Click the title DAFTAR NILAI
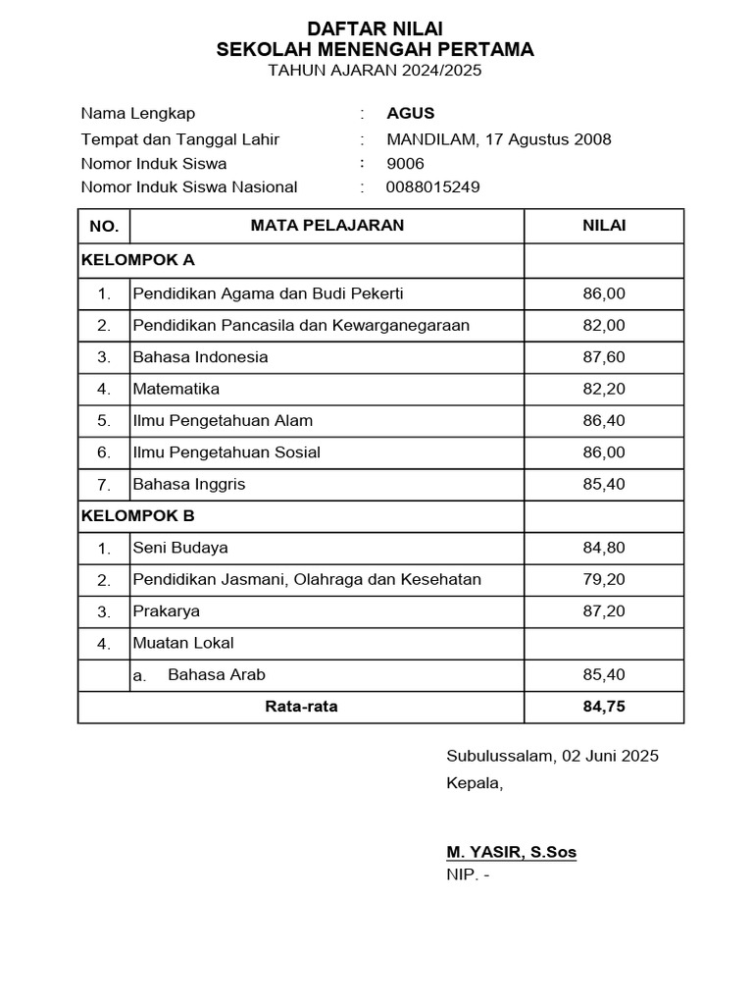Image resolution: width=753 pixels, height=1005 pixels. tap(376, 29)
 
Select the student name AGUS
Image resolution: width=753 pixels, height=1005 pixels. tap(410, 113)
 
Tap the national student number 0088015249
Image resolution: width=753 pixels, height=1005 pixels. tap(433, 186)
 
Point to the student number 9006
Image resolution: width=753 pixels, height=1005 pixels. tap(406, 163)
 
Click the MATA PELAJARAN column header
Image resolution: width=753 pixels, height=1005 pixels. tap(326, 226)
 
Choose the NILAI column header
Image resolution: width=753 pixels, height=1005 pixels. tap(604, 226)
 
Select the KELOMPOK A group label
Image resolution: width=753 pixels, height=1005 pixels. tap(138, 260)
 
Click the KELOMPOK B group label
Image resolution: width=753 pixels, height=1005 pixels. tap(138, 514)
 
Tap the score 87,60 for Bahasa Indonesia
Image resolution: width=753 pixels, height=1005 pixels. tap(604, 356)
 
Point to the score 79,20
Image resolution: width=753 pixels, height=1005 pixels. tap(604, 579)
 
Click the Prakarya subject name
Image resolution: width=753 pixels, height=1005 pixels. tap(167, 610)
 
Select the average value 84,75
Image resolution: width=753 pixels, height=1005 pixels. tap(604, 707)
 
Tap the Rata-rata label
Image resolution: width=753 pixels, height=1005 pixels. tap(301, 707)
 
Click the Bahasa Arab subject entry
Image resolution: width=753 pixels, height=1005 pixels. tap(217, 674)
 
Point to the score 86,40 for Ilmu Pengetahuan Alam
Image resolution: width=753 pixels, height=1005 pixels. tap(604, 420)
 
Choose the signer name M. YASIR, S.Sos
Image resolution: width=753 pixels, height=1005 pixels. tap(511, 852)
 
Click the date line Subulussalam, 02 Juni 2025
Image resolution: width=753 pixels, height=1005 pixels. tap(552, 756)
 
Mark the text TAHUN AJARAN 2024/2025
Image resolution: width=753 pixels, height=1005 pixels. tap(376, 71)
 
